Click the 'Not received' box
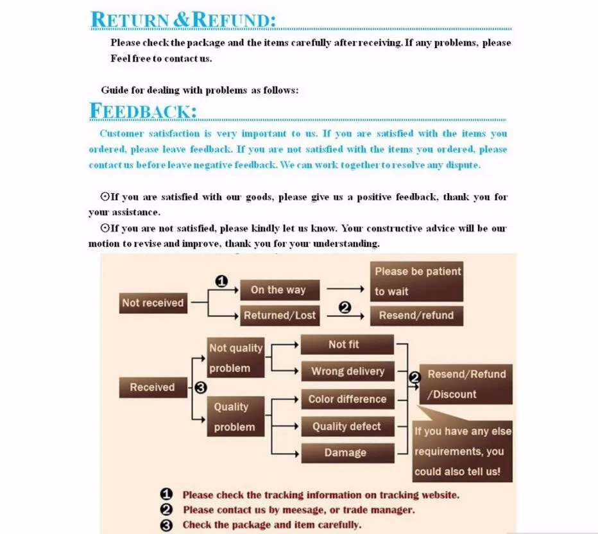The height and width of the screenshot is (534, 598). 153,303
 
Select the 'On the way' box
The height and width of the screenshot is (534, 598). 278,289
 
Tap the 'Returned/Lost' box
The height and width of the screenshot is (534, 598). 280,315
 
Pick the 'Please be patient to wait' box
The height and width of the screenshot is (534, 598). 416,281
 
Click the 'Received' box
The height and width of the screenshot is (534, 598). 152,387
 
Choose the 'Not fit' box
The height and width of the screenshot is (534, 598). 346,345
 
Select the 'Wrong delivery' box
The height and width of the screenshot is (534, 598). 347,371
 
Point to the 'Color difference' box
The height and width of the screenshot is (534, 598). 347,399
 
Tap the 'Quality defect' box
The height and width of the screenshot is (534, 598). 346,426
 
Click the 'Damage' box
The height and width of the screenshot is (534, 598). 346,452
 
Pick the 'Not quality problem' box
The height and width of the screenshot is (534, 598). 235,357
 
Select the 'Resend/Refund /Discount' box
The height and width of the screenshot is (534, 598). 466,384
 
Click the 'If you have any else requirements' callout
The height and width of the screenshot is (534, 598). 462,451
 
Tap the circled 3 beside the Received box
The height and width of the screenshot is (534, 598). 200,387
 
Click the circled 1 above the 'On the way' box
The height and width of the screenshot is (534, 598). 221,281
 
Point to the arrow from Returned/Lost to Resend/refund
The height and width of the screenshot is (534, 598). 346,315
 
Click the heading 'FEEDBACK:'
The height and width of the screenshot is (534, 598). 143,110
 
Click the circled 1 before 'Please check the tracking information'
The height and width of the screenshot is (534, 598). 166,494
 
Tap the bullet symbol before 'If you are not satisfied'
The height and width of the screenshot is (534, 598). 105,228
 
